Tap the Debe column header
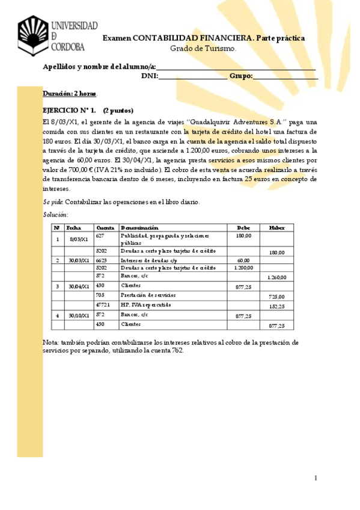point(243,228)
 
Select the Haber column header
point(277,228)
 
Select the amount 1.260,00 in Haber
point(276,278)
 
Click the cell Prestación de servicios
point(148,295)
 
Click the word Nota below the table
point(51,342)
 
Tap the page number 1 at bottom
point(315,478)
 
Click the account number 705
point(100,295)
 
